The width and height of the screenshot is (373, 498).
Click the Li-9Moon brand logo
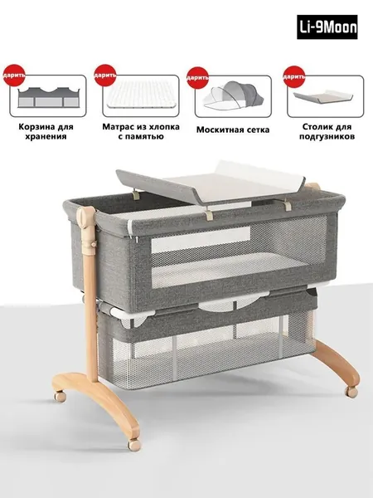click(x=327, y=27)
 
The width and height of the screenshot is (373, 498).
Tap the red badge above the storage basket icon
click(x=14, y=76)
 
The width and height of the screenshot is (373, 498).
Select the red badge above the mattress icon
click(x=105, y=76)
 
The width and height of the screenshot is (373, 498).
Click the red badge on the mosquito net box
click(x=197, y=77)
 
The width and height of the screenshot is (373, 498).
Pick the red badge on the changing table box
click(x=294, y=76)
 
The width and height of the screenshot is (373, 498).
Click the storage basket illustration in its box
click(x=48, y=97)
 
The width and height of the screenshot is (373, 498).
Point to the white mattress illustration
click(x=141, y=95)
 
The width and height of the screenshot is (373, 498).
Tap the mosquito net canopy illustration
click(x=234, y=95)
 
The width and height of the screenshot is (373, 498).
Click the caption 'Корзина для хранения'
click(x=46, y=131)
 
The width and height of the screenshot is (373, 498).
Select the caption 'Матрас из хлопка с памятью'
click(x=141, y=131)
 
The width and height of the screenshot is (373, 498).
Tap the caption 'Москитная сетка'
click(x=233, y=129)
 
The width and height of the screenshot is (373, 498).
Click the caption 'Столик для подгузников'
click(x=327, y=131)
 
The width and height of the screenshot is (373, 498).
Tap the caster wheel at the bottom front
click(x=134, y=444)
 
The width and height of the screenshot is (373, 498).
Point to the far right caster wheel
click(x=352, y=392)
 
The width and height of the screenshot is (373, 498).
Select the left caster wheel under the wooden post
click(x=60, y=397)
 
